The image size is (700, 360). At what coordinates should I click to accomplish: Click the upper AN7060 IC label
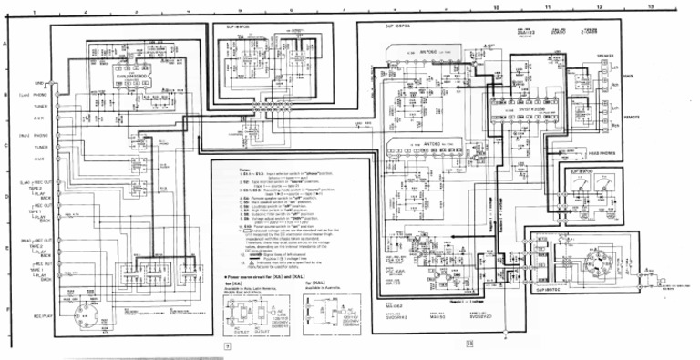pyautogui.click(x=427, y=55)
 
